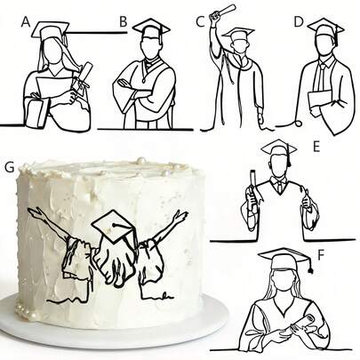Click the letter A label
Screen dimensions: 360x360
pyautogui.click(x=26, y=22)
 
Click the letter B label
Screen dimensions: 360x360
pyautogui.click(x=124, y=22)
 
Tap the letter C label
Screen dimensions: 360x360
pyautogui.click(x=201, y=22)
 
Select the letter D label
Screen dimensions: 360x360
pyautogui.click(x=300, y=22)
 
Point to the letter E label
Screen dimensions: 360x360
pyautogui.click(x=316, y=147)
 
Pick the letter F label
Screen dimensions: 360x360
pyautogui.click(x=322, y=256)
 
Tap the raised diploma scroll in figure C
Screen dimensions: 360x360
pyautogui.click(x=222, y=12)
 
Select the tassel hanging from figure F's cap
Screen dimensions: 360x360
pyautogui.click(x=311, y=267)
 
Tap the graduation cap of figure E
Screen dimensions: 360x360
pyautogui.click(x=278, y=148)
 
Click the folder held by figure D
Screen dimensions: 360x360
pyautogui.click(x=319, y=100)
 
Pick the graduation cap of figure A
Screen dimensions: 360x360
pyautogui.click(x=51, y=30)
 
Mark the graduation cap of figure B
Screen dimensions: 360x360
pyautogui.click(x=151, y=28)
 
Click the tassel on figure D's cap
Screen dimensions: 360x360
pyautogui.click(x=337, y=37)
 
